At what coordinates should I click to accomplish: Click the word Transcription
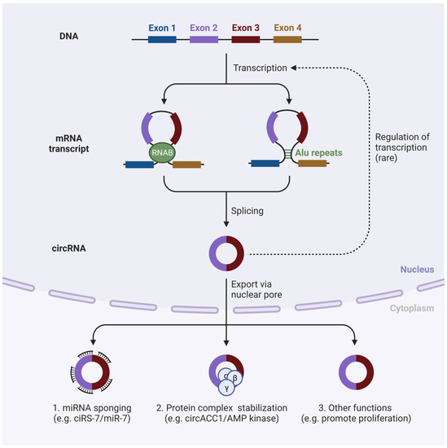coord(259,68)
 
